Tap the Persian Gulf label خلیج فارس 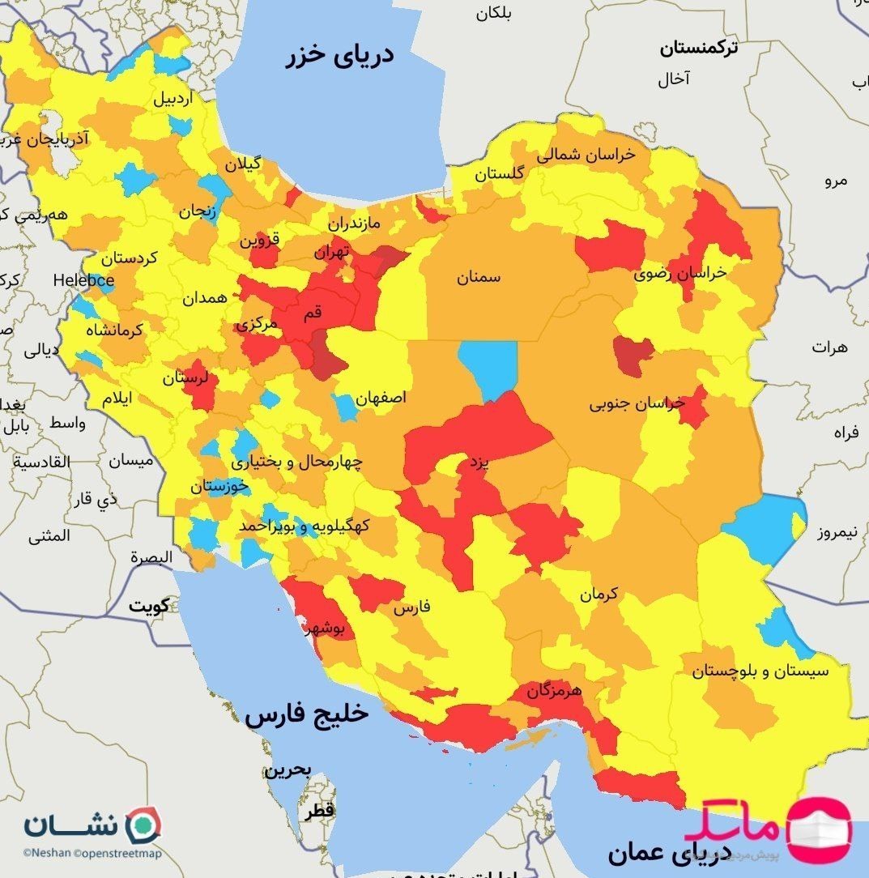tap(307, 715)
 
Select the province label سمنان tap(478, 278)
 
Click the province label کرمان tap(598, 594)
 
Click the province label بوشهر tap(327, 628)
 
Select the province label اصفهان tap(380, 399)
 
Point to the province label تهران tap(332, 252)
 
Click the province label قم tap(312, 312)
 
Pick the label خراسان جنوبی tap(637, 403)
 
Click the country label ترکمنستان tap(698, 49)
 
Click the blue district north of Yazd tap(488, 369)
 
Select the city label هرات tap(829, 347)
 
